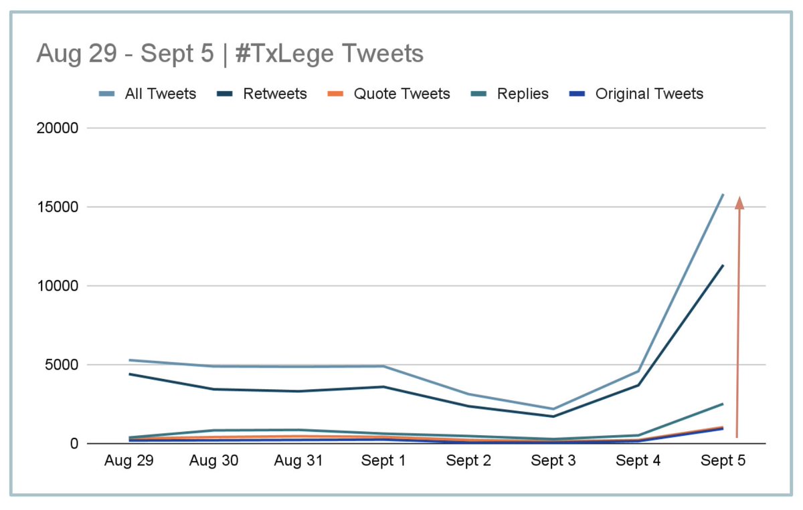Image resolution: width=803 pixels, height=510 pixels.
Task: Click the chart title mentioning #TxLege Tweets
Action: pyautogui.click(x=230, y=53)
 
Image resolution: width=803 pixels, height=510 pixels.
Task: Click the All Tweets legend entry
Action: pyautogui.click(x=160, y=94)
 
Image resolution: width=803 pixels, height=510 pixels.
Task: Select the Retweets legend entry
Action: pyautogui.click(x=275, y=94)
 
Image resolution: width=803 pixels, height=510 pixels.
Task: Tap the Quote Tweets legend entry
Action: pyautogui.click(x=401, y=94)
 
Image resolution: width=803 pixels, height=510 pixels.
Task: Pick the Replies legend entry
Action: pyautogui.click(x=523, y=94)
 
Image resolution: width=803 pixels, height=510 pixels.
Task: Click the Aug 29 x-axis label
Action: pyautogui.click(x=129, y=461)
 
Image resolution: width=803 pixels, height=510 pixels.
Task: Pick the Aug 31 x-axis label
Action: pyautogui.click(x=298, y=461)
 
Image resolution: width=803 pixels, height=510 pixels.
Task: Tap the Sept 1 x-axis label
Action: pyautogui.click(x=383, y=461)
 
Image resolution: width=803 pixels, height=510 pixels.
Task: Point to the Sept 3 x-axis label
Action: pyautogui.click(x=553, y=461)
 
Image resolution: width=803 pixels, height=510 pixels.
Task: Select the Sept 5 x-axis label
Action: pyautogui.click(x=723, y=461)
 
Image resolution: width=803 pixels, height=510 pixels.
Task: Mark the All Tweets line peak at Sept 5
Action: pyautogui.click(x=723, y=195)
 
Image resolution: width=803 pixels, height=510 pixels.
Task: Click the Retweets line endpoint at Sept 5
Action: pyautogui.click(x=723, y=265)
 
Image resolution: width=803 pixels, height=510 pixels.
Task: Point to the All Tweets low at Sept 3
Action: pyautogui.click(x=553, y=409)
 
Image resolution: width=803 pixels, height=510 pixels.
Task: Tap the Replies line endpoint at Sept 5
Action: pyautogui.click(x=723, y=404)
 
